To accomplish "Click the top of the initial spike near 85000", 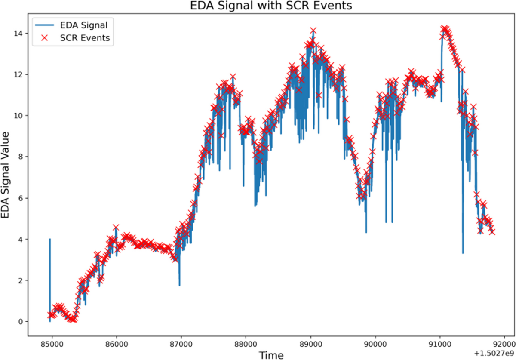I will pos(50,239).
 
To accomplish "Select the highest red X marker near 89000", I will pos(313,31).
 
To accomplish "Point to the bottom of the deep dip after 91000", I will pos(463,253).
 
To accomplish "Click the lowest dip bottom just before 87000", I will pos(179,285).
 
